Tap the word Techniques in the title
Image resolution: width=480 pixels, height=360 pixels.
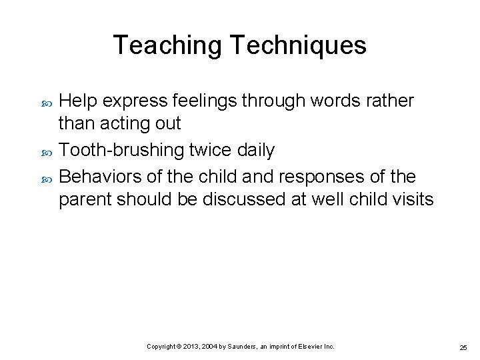(298, 45)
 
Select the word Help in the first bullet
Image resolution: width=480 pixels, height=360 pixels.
(79, 101)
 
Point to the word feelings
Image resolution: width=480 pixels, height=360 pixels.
(205, 101)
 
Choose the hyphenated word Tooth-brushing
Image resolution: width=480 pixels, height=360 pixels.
(120, 151)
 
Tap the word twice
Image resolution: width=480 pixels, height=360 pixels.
(211, 151)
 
